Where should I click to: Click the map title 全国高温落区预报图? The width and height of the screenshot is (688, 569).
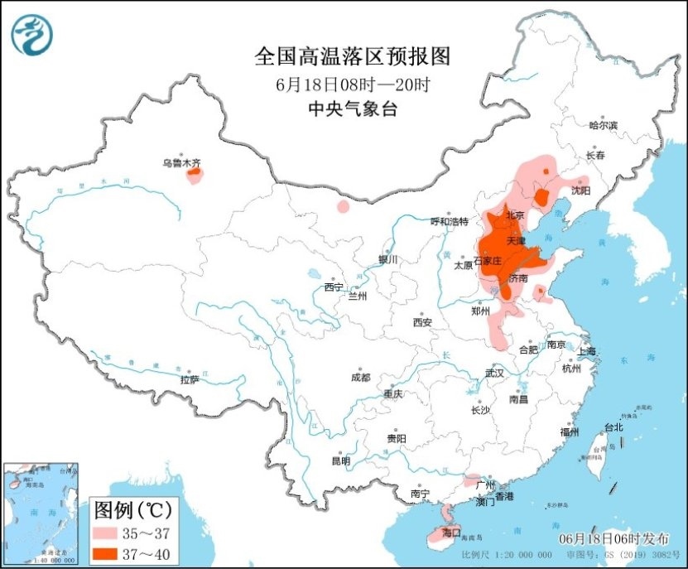point(353,56)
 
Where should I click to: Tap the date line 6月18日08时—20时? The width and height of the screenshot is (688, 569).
point(353,84)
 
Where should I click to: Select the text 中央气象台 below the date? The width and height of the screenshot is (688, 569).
point(353,108)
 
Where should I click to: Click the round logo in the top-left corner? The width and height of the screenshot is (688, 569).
point(32,35)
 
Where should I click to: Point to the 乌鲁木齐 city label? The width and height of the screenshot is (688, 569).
point(181,164)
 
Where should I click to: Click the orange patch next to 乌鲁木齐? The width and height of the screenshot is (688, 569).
point(195,174)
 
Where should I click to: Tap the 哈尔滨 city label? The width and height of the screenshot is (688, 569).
point(603,126)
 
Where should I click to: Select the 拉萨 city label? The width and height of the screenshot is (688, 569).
point(190,379)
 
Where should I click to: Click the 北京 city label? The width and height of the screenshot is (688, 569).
point(515,215)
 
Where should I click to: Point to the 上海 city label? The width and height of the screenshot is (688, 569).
point(587,351)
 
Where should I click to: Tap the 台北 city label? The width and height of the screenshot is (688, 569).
point(613,428)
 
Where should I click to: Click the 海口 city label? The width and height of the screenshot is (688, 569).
point(450,531)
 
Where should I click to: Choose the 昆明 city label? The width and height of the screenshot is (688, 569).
point(340,461)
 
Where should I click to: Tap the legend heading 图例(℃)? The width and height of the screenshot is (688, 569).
point(132,507)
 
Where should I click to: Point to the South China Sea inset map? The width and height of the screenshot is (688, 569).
point(41,513)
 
